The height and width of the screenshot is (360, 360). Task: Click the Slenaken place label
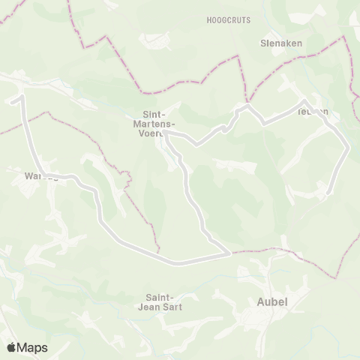click(x=280, y=43)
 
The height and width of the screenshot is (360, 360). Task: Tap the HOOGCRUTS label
click(x=229, y=19)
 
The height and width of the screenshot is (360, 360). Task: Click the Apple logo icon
click(x=13, y=347)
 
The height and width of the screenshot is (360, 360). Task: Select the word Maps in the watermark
click(x=34, y=347)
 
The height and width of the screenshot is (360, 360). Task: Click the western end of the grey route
click(x=13, y=97)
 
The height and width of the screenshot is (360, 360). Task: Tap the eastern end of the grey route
click(x=329, y=194)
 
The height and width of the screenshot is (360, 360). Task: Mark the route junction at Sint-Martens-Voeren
click(x=166, y=133)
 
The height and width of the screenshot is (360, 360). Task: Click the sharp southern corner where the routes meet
click(x=227, y=254)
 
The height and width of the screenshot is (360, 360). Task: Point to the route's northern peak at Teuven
click(x=304, y=100)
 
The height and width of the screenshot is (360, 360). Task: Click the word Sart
click(x=172, y=306)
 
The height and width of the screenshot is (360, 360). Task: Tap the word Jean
click(x=148, y=306)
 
